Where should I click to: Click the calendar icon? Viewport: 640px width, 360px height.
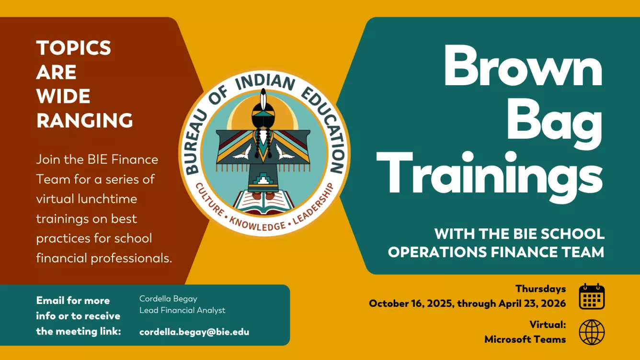[x=592, y=296]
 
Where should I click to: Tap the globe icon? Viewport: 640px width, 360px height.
[x=592, y=332]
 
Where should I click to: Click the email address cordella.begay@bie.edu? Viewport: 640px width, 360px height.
[x=194, y=332]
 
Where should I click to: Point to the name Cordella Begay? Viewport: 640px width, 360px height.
[x=168, y=298]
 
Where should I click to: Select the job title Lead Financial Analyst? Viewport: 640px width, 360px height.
[x=182, y=310]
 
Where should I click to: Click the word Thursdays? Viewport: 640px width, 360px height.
[x=540, y=289]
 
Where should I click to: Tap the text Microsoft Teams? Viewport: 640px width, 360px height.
[x=525, y=339]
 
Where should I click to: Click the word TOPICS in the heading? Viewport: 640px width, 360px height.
[x=74, y=48]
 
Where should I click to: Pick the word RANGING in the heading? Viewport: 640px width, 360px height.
[x=85, y=120]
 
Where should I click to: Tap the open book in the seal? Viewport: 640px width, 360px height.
[x=264, y=202]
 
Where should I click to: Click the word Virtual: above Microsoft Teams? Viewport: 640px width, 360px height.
[x=548, y=325]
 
